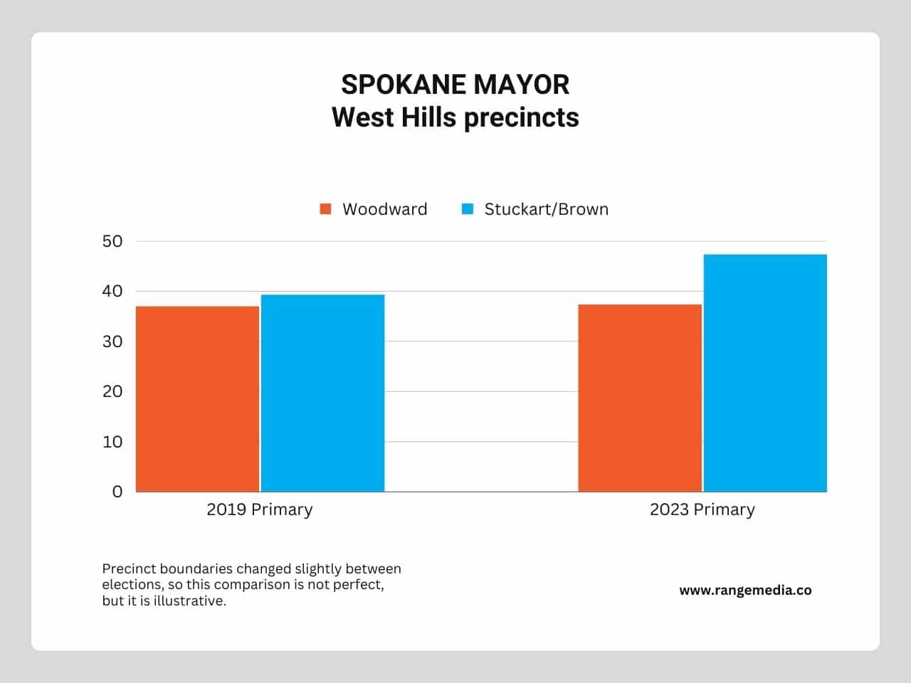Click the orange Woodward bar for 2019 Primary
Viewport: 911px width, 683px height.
coord(198,399)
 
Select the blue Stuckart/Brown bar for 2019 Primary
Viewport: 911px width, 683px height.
coord(323,393)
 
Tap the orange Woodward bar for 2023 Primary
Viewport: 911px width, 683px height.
coord(640,398)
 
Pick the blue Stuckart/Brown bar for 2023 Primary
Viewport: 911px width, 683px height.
coord(765,374)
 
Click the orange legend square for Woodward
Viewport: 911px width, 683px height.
coord(325,209)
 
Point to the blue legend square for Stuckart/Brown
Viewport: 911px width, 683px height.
coord(468,209)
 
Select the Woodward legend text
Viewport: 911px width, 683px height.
coord(385,209)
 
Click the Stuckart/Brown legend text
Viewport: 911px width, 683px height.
coord(546,209)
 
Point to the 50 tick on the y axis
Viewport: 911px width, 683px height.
coord(112,241)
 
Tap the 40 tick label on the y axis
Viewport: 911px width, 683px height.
coord(112,291)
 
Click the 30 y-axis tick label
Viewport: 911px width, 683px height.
coord(112,341)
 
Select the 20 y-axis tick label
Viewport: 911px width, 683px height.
coord(112,391)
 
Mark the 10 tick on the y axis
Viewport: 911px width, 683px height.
coord(112,442)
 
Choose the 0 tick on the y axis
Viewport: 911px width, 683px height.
coord(117,492)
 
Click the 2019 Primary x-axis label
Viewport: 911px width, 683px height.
coord(260,510)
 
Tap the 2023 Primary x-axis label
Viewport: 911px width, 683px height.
coord(702,510)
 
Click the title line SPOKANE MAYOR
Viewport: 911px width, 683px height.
coord(455,85)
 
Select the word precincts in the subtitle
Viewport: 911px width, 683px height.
coord(521,118)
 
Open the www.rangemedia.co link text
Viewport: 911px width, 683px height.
coord(745,591)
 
